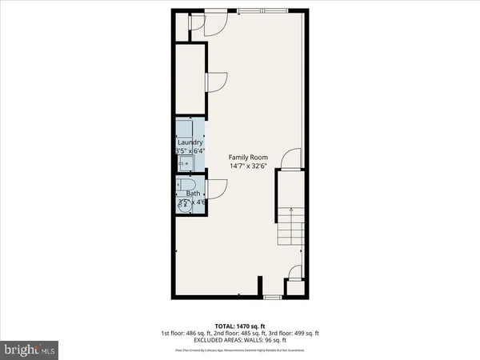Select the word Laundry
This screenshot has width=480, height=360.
tap(190, 143)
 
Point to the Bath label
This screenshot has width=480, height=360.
tap(194, 193)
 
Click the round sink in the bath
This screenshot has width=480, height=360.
tap(185, 204)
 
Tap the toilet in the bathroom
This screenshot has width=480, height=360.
tap(198, 204)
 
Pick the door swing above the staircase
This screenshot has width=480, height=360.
tap(291, 159)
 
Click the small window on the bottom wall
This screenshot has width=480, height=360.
tap(273, 297)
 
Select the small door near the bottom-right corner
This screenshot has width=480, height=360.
tap(294, 285)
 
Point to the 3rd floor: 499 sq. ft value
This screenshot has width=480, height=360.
tap(295, 332)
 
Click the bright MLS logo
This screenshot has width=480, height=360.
tap(30, 350)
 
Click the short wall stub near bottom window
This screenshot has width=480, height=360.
tap(259, 286)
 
